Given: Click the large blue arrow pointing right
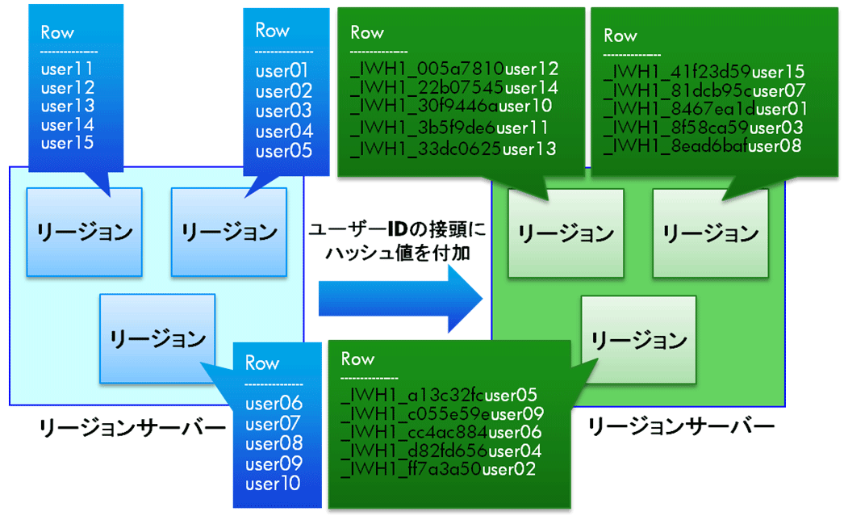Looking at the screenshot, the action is click(400, 298).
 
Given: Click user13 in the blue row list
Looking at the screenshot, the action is click(67, 106).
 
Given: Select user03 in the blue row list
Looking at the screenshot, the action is click(283, 111).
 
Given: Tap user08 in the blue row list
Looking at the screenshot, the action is click(274, 443).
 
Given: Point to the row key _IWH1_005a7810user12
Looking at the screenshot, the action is click(454, 69).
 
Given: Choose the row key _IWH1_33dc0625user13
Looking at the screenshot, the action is click(453, 149).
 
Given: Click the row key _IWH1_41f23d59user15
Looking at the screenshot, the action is click(704, 71).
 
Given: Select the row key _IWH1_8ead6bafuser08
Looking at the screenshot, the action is click(702, 145).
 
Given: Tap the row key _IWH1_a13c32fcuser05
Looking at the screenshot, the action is click(439, 395).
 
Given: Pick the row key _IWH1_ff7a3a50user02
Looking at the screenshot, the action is click(438, 469).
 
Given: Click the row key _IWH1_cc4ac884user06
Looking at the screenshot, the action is click(441, 432).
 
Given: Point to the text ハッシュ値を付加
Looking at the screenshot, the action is click(398, 253).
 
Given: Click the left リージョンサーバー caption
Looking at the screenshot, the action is click(132, 428).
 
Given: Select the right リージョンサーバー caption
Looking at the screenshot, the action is click(680, 426).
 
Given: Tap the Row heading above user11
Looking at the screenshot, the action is click(57, 32).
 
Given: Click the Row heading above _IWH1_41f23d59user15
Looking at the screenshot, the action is click(620, 36).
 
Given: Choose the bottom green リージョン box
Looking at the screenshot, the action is click(638, 340).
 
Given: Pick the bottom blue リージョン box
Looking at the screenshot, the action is click(157, 338).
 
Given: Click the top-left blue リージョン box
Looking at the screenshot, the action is click(85, 233).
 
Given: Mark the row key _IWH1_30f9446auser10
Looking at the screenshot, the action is click(451, 106).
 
